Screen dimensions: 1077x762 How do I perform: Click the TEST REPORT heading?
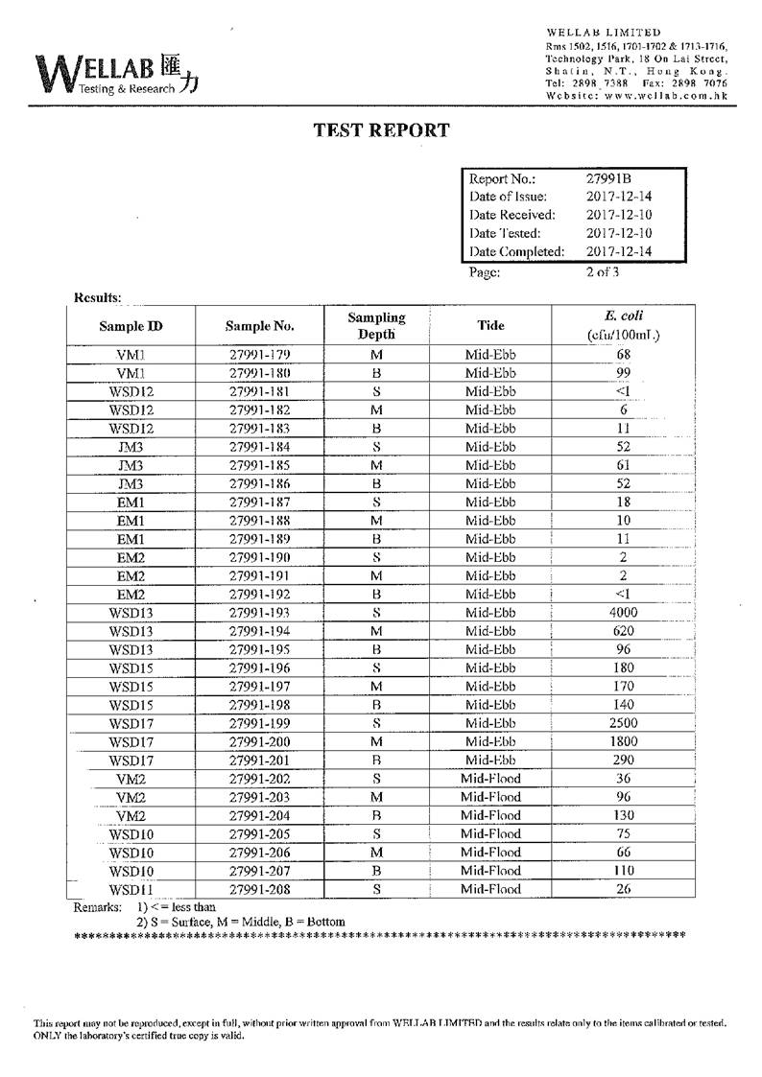[381, 130]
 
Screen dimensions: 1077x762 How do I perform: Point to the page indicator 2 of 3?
[603, 271]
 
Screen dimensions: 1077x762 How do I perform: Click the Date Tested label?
[506, 233]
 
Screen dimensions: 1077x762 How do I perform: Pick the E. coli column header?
[623, 325]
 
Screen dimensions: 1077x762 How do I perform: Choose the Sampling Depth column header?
[376, 326]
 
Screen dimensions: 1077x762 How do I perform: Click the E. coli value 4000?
[623, 613]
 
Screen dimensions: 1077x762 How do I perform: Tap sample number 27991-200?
[259, 741]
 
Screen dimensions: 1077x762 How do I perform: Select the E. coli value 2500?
[623, 723]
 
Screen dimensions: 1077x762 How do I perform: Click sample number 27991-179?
[259, 355]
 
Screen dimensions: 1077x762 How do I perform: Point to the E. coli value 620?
[623, 631]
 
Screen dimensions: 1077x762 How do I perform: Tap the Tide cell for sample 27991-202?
[490, 779]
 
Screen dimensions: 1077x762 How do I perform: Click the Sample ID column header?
[131, 326]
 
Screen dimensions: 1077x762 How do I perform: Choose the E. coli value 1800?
[623, 741]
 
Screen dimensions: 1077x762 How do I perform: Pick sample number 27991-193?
[259, 613]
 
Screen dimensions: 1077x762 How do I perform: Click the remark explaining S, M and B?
[240, 922]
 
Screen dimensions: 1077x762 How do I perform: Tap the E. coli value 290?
[623, 761]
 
